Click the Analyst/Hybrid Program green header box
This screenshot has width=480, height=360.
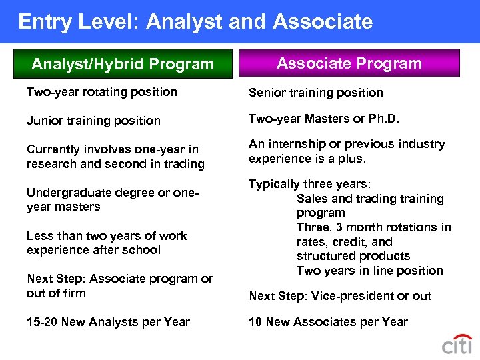pyautogui.click(x=123, y=64)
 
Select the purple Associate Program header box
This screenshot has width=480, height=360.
pyautogui.click(x=349, y=63)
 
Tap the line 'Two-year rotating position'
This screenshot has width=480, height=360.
pyautogui.click(x=102, y=92)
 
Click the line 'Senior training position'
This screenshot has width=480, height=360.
pyautogui.click(x=316, y=93)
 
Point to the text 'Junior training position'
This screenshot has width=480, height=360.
pyautogui.click(x=93, y=121)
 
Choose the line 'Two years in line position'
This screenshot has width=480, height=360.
pyautogui.click(x=370, y=271)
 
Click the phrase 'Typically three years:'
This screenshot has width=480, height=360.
pyautogui.click(x=310, y=184)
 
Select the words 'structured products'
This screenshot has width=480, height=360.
pyautogui.click(x=353, y=256)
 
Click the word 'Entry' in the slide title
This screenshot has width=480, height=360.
pyautogui.click(x=44, y=21)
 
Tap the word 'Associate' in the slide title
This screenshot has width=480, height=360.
pyautogui.click(x=323, y=21)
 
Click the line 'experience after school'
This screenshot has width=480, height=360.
pyautogui.click(x=93, y=250)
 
